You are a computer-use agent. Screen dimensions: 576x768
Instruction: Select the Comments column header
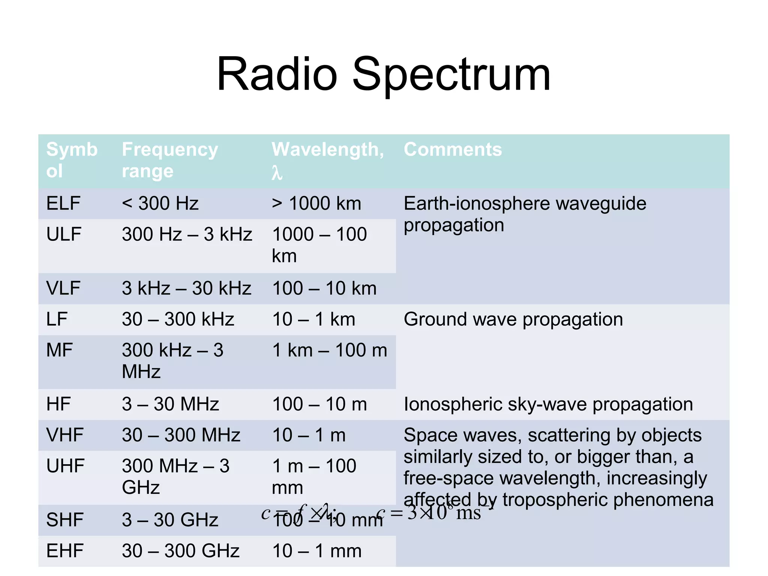tap(453, 149)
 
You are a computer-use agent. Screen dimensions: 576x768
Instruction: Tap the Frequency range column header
tap(170, 160)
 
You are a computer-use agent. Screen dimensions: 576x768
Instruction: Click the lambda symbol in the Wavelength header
tap(277, 173)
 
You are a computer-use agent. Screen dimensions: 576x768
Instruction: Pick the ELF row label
tap(63, 204)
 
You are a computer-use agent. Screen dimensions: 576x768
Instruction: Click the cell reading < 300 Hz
tap(160, 204)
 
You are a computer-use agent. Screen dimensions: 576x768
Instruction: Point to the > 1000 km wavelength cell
tap(316, 204)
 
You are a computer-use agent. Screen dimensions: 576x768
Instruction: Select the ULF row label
tap(64, 234)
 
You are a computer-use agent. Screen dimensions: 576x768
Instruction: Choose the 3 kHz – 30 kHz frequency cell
tap(186, 288)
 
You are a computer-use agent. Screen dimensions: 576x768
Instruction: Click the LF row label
tap(57, 319)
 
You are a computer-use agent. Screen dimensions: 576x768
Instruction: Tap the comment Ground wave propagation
tap(513, 319)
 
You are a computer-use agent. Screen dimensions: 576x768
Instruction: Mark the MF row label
tap(59, 350)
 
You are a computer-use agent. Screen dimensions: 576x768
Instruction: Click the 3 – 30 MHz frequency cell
tap(170, 404)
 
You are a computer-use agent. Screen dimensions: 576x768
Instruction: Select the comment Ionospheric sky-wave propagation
tap(548, 404)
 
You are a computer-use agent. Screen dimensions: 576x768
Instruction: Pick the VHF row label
tap(64, 435)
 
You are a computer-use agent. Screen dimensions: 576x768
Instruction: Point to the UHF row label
tap(65, 466)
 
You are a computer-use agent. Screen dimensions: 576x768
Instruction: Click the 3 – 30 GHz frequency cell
tap(170, 520)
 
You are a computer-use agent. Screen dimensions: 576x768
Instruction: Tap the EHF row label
tap(64, 551)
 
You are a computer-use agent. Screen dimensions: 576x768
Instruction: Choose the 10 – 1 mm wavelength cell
tap(317, 551)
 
